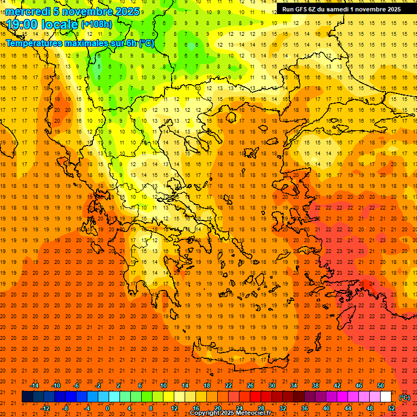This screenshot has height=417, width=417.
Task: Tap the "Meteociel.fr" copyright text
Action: tap(250, 413)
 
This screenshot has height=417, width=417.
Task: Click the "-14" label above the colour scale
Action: tap(34, 386)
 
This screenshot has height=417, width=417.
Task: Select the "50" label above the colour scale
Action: tap(380, 386)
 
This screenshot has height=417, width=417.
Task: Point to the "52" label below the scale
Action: tap(391, 408)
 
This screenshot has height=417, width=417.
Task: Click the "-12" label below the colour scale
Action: tap(45, 408)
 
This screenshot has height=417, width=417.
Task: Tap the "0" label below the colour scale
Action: tap(108, 408)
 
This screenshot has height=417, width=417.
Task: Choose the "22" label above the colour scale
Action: tap(229, 386)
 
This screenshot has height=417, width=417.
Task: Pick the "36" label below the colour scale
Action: tap(305, 408)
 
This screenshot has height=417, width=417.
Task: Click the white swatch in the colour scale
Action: tap(386, 397)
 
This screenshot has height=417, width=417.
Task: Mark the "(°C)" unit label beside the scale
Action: tap(405, 397)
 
